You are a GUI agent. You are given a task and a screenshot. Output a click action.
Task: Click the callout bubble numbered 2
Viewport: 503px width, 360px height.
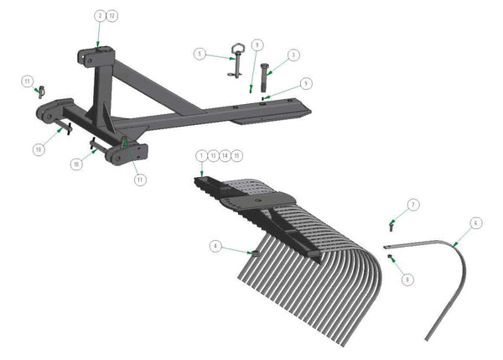tap(100, 16)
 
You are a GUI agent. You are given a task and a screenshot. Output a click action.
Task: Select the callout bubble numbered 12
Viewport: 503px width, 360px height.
tap(111, 16)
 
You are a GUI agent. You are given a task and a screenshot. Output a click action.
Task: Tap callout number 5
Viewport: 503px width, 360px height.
tap(200, 54)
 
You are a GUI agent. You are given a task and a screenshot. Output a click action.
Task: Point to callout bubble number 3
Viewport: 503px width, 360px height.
tap(293, 55)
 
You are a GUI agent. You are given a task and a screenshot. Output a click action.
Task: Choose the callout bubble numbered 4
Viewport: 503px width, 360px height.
tap(215, 246)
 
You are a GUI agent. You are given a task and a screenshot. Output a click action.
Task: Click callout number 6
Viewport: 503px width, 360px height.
tap(476, 223)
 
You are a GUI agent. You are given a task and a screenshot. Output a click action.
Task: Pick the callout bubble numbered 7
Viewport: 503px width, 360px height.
tap(413, 205)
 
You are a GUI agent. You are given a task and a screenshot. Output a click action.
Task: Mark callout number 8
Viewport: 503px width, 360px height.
tap(407, 279)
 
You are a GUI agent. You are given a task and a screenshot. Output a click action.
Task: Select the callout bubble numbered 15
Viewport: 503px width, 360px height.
tap(237, 155)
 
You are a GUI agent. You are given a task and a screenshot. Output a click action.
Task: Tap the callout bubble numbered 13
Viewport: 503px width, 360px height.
tap(213, 155)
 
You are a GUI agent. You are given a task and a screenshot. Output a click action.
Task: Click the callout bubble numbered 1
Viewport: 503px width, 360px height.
tap(201, 155)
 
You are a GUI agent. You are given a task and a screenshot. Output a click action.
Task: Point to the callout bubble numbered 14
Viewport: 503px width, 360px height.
tap(226, 155)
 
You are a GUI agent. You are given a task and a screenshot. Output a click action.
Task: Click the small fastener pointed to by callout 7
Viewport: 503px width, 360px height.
tap(392, 224)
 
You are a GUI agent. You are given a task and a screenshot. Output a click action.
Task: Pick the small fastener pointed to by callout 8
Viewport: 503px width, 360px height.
tap(388, 258)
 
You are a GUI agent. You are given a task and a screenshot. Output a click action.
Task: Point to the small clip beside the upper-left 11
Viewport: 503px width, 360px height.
tap(40, 91)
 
